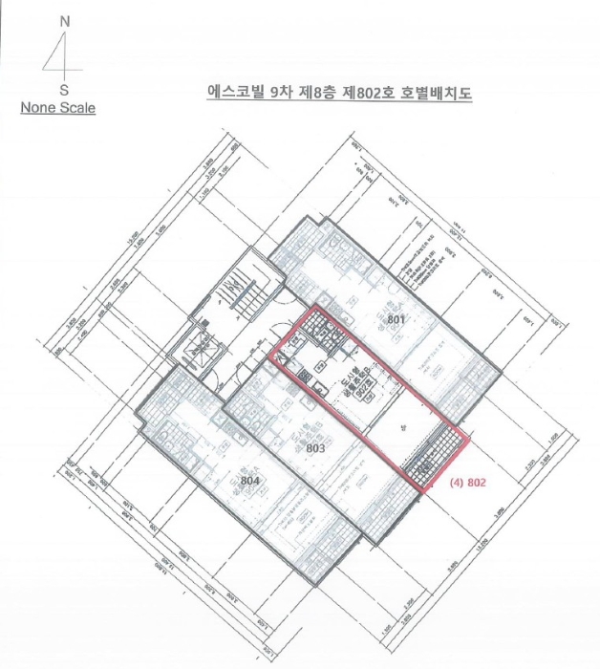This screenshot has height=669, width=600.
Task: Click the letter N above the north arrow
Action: coord(63,20)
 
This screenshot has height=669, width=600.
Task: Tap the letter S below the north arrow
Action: coord(63,89)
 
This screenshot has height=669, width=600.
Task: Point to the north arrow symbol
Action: coord(61,55)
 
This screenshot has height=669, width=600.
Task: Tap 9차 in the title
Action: coord(285,92)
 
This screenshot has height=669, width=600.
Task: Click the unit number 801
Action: coord(397,318)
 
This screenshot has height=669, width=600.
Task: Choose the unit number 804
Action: coord(250,480)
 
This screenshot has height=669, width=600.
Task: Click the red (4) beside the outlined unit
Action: coord(455,484)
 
